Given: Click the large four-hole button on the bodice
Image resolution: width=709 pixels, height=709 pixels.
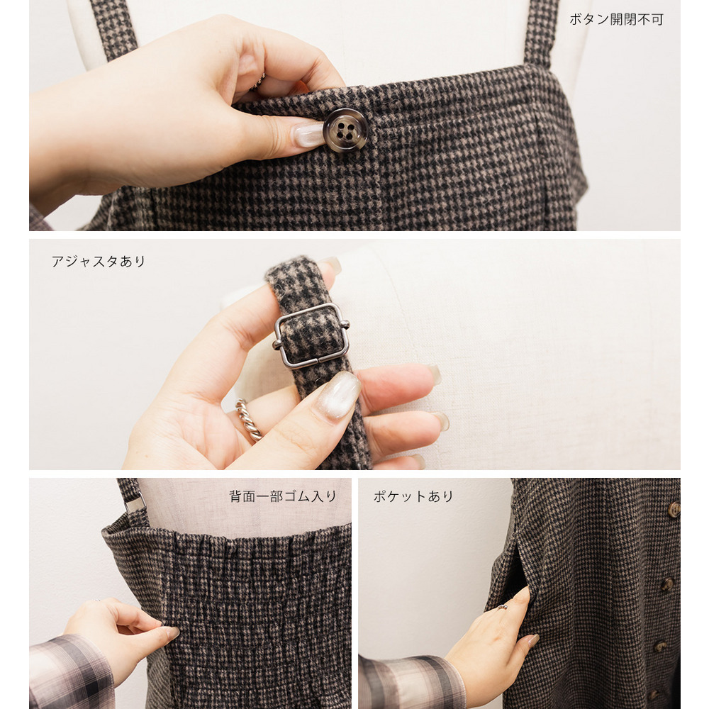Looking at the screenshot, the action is [x=345, y=130].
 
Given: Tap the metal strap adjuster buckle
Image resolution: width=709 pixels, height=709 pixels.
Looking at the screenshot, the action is [x=311, y=335].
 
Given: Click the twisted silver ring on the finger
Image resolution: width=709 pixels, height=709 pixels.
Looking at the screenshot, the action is [x=248, y=420].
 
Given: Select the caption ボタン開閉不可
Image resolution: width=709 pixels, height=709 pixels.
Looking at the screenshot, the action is [x=616, y=19].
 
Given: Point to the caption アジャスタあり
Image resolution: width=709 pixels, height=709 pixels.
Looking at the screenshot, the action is [x=98, y=262].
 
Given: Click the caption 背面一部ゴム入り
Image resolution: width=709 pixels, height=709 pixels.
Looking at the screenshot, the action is [x=283, y=496].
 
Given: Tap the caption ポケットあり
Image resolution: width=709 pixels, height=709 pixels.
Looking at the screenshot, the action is [x=413, y=496].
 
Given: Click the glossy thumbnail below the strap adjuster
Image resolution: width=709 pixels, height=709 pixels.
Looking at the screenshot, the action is [x=339, y=395].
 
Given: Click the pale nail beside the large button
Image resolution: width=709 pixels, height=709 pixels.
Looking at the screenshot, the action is [x=311, y=134].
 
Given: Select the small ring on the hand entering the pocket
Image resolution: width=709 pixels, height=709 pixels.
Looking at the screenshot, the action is [x=502, y=607].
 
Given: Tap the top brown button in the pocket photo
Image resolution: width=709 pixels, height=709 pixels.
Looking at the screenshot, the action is [x=674, y=510].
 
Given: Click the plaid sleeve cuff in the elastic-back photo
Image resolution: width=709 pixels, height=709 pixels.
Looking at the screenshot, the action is [x=72, y=672].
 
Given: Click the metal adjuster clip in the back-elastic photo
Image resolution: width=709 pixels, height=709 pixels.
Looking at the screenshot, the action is [x=135, y=503].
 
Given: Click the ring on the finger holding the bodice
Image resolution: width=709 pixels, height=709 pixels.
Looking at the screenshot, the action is [x=259, y=82].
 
